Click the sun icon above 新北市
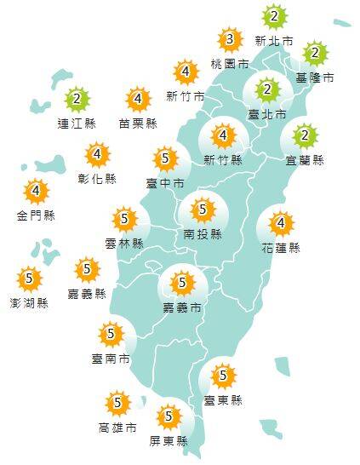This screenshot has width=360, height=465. [273, 15]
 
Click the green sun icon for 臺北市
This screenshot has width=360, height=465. [266, 89]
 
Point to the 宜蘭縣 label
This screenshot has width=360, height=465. [306, 159]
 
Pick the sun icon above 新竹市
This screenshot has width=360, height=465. [185, 72]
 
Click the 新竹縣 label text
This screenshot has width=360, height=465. [224, 159]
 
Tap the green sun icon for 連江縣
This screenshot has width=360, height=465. [77, 100]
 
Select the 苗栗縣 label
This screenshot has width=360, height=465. [138, 123]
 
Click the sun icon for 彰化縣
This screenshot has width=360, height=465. [99, 155]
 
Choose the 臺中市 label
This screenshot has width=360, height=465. [165, 181]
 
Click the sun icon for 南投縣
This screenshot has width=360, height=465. [203, 208]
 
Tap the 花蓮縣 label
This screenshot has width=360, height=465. [282, 248]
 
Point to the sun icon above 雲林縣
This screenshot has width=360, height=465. [124, 219]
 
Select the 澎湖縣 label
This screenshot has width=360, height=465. [29, 301]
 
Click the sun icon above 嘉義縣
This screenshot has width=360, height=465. [87, 270]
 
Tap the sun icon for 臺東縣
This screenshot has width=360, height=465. [223, 374]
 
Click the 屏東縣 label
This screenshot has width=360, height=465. [169, 440]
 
